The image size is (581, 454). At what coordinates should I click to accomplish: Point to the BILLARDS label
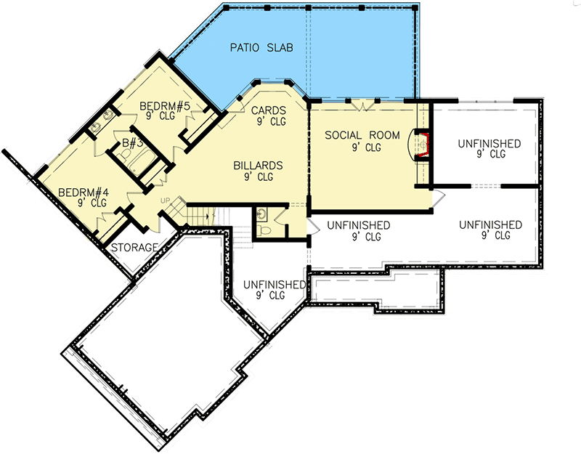coord(258,166)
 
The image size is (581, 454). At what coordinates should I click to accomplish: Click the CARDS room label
coord(269,110)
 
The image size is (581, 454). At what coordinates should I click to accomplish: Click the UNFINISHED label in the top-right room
coord(489,144)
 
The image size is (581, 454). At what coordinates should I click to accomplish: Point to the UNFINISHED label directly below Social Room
coord(358,225)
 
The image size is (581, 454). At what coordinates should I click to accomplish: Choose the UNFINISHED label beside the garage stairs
coord(274,285)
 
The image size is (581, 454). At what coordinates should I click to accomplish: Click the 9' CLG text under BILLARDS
coord(258,177)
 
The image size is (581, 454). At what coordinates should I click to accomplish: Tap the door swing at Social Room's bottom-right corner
coord(438,196)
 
